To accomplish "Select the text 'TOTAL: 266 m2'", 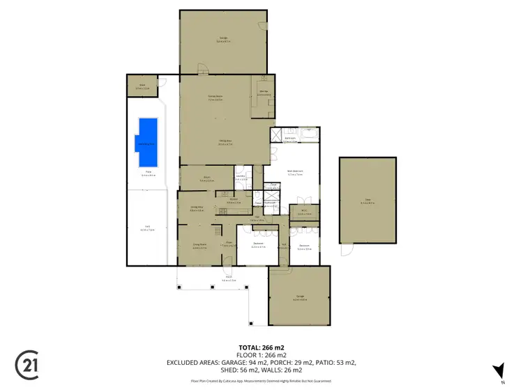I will tap(261, 347).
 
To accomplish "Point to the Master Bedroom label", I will tap(294, 172).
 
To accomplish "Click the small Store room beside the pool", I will tap(142, 87).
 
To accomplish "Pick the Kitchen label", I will tap(232, 202).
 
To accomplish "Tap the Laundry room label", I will tap(240, 178).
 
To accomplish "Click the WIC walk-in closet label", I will tap(303, 213).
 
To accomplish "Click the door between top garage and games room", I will tap(202, 70).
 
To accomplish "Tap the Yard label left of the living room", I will tap(147, 227).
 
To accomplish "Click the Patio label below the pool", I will tap(147, 174).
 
